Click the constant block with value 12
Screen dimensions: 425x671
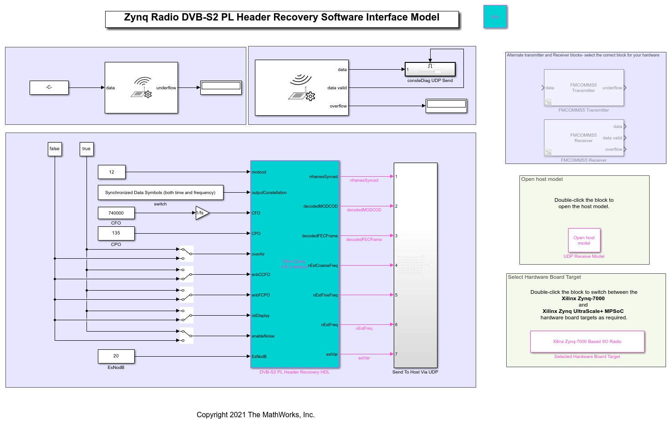pos(112,172)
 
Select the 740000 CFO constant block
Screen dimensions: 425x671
pos(116,213)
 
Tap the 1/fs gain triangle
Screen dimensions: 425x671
pos(202,213)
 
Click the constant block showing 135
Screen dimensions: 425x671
pos(116,233)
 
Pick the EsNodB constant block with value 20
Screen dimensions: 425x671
pos(116,356)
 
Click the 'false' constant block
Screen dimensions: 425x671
pos(55,149)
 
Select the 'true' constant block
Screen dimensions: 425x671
pos(86,149)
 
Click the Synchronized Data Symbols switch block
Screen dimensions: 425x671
pos(160,193)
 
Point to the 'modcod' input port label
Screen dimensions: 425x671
pos(259,172)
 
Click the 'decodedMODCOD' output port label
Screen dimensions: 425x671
pos(320,206)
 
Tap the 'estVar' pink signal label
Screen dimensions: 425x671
pos(364,358)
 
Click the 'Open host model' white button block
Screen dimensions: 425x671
pos(584,240)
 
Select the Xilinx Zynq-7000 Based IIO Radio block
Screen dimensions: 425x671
pos(587,342)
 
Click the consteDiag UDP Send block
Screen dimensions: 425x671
pos(430,69)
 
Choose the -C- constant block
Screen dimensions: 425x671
pos(49,87)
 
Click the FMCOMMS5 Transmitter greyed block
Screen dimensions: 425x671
pos(584,88)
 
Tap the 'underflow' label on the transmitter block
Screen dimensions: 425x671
pos(166,88)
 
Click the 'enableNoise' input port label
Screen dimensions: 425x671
pos(263,336)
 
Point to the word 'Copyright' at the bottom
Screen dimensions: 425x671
pos(212,415)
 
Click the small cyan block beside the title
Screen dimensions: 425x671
pos(495,17)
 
